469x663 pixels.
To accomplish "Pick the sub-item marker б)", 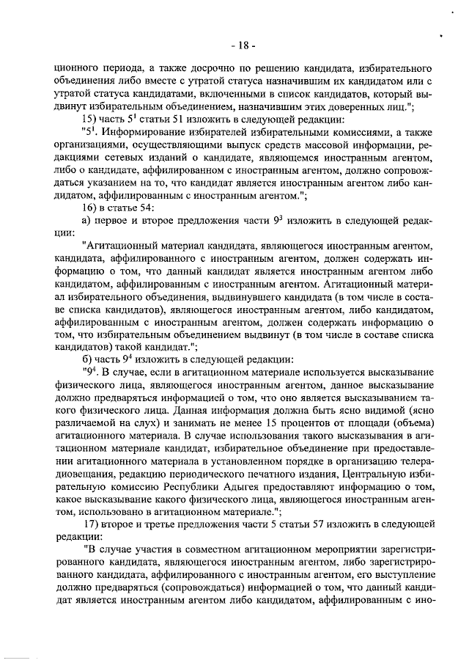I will click(86, 358).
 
